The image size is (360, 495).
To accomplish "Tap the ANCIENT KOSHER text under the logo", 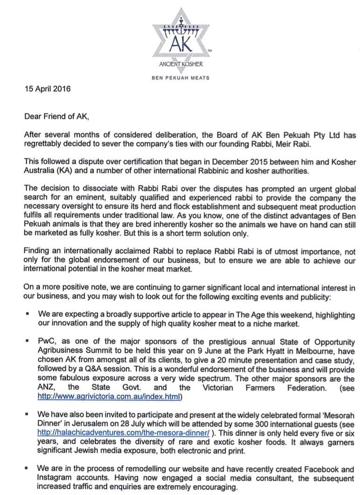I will click(180, 63).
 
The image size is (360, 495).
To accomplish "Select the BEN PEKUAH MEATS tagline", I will click(180, 78).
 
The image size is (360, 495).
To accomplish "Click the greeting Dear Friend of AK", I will click(56, 113).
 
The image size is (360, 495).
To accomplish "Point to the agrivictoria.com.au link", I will click(110, 397).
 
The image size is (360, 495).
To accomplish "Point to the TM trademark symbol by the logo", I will click(209, 50).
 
